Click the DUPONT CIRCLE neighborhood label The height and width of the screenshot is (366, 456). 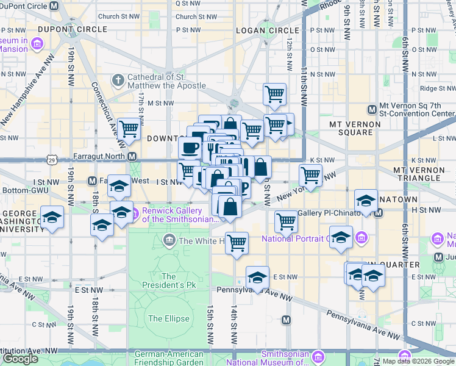click(73, 29)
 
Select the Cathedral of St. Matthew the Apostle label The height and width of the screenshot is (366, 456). click(157, 81)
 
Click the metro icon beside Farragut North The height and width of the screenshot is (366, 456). click(132, 157)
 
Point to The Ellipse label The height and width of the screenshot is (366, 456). click(164, 318)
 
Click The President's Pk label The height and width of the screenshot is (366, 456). click(169, 281)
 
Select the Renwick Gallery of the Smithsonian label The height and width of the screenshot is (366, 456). click(180, 214)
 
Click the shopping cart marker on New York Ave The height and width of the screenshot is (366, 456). click(311, 175)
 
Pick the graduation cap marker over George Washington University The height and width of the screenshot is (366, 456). click(52, 217)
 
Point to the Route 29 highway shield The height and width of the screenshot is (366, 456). click(52, 160)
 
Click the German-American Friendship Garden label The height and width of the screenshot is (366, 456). click(169, 358)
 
